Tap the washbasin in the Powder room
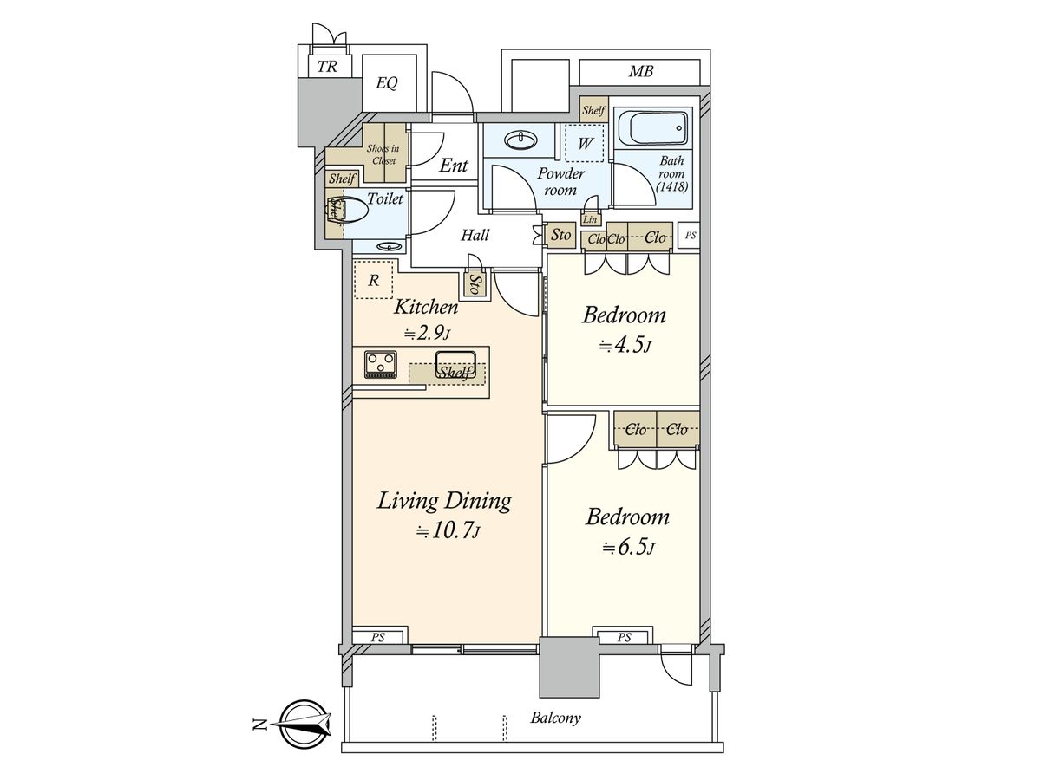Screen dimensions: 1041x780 coord(520,140)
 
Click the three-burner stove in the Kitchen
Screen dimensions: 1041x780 coord(380,364)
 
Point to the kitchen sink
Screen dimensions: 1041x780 coord(455,365)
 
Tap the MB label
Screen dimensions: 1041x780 coord(641,72)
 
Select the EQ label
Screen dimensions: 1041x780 coord(387,83)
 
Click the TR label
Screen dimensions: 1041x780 coord(327,67)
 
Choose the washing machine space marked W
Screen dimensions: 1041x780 coord(585,143)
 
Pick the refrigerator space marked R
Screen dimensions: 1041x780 coord(374,279)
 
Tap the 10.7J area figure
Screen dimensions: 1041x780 coord(448,532)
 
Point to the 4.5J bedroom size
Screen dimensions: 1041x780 coord(625,346)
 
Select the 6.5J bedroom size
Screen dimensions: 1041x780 coord(628,548)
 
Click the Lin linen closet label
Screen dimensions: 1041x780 coord(590,220)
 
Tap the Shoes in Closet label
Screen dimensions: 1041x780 coord(383,154)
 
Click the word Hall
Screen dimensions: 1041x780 coord(475,235)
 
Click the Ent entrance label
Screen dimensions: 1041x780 coord(454,166)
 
